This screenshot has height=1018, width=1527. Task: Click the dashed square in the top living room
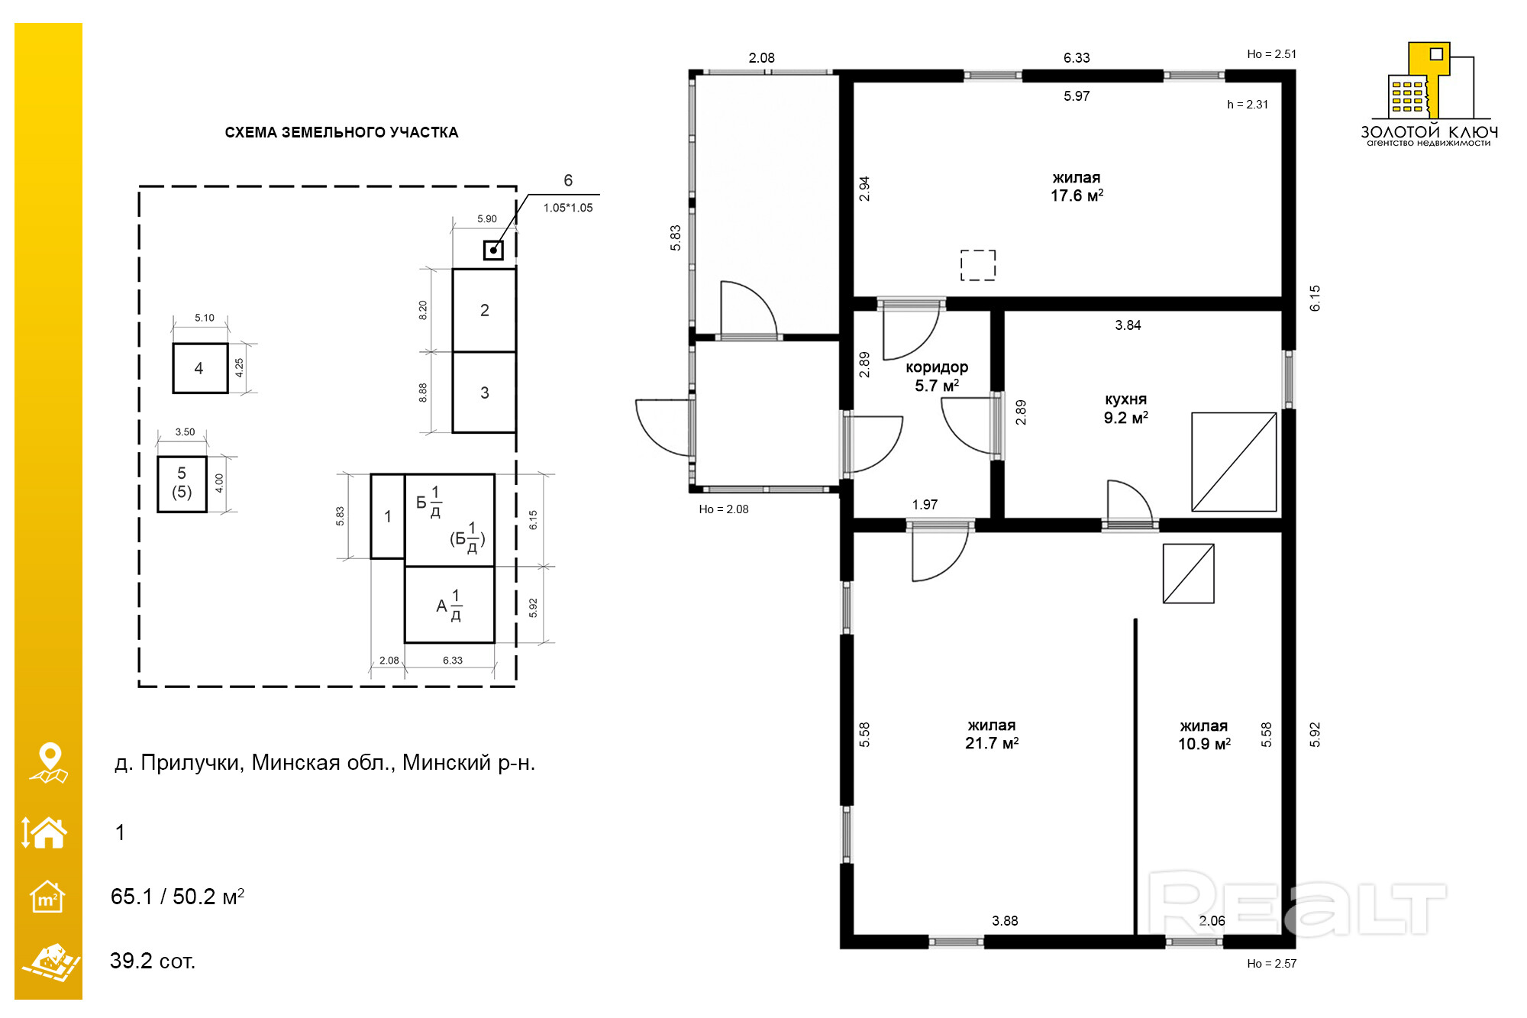(x=978, y=265)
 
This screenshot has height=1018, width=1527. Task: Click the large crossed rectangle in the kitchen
(x=1234, y=462)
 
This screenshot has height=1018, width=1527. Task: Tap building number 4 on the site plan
(x=200, y=368)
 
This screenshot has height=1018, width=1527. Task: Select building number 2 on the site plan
(x=484, y=310)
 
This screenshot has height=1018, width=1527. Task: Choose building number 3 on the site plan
(x=484, y=393)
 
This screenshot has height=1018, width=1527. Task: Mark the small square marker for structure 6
(x=493, y=250)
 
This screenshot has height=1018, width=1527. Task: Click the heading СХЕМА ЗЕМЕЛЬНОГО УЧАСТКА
(x=341, y=132)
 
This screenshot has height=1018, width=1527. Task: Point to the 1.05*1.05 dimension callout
(x=568, y=208)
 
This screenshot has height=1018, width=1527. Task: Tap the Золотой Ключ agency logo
(x=1429, y=94)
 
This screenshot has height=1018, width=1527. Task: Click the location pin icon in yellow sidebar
(x=49, y=763)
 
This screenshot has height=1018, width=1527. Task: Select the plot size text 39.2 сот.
(x=153, y=961)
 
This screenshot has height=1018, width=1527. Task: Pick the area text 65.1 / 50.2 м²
(x=177, y=897)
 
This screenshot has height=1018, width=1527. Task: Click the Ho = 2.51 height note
(x=1271, y=54)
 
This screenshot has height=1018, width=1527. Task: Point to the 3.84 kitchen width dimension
(x=1128, y=325)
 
